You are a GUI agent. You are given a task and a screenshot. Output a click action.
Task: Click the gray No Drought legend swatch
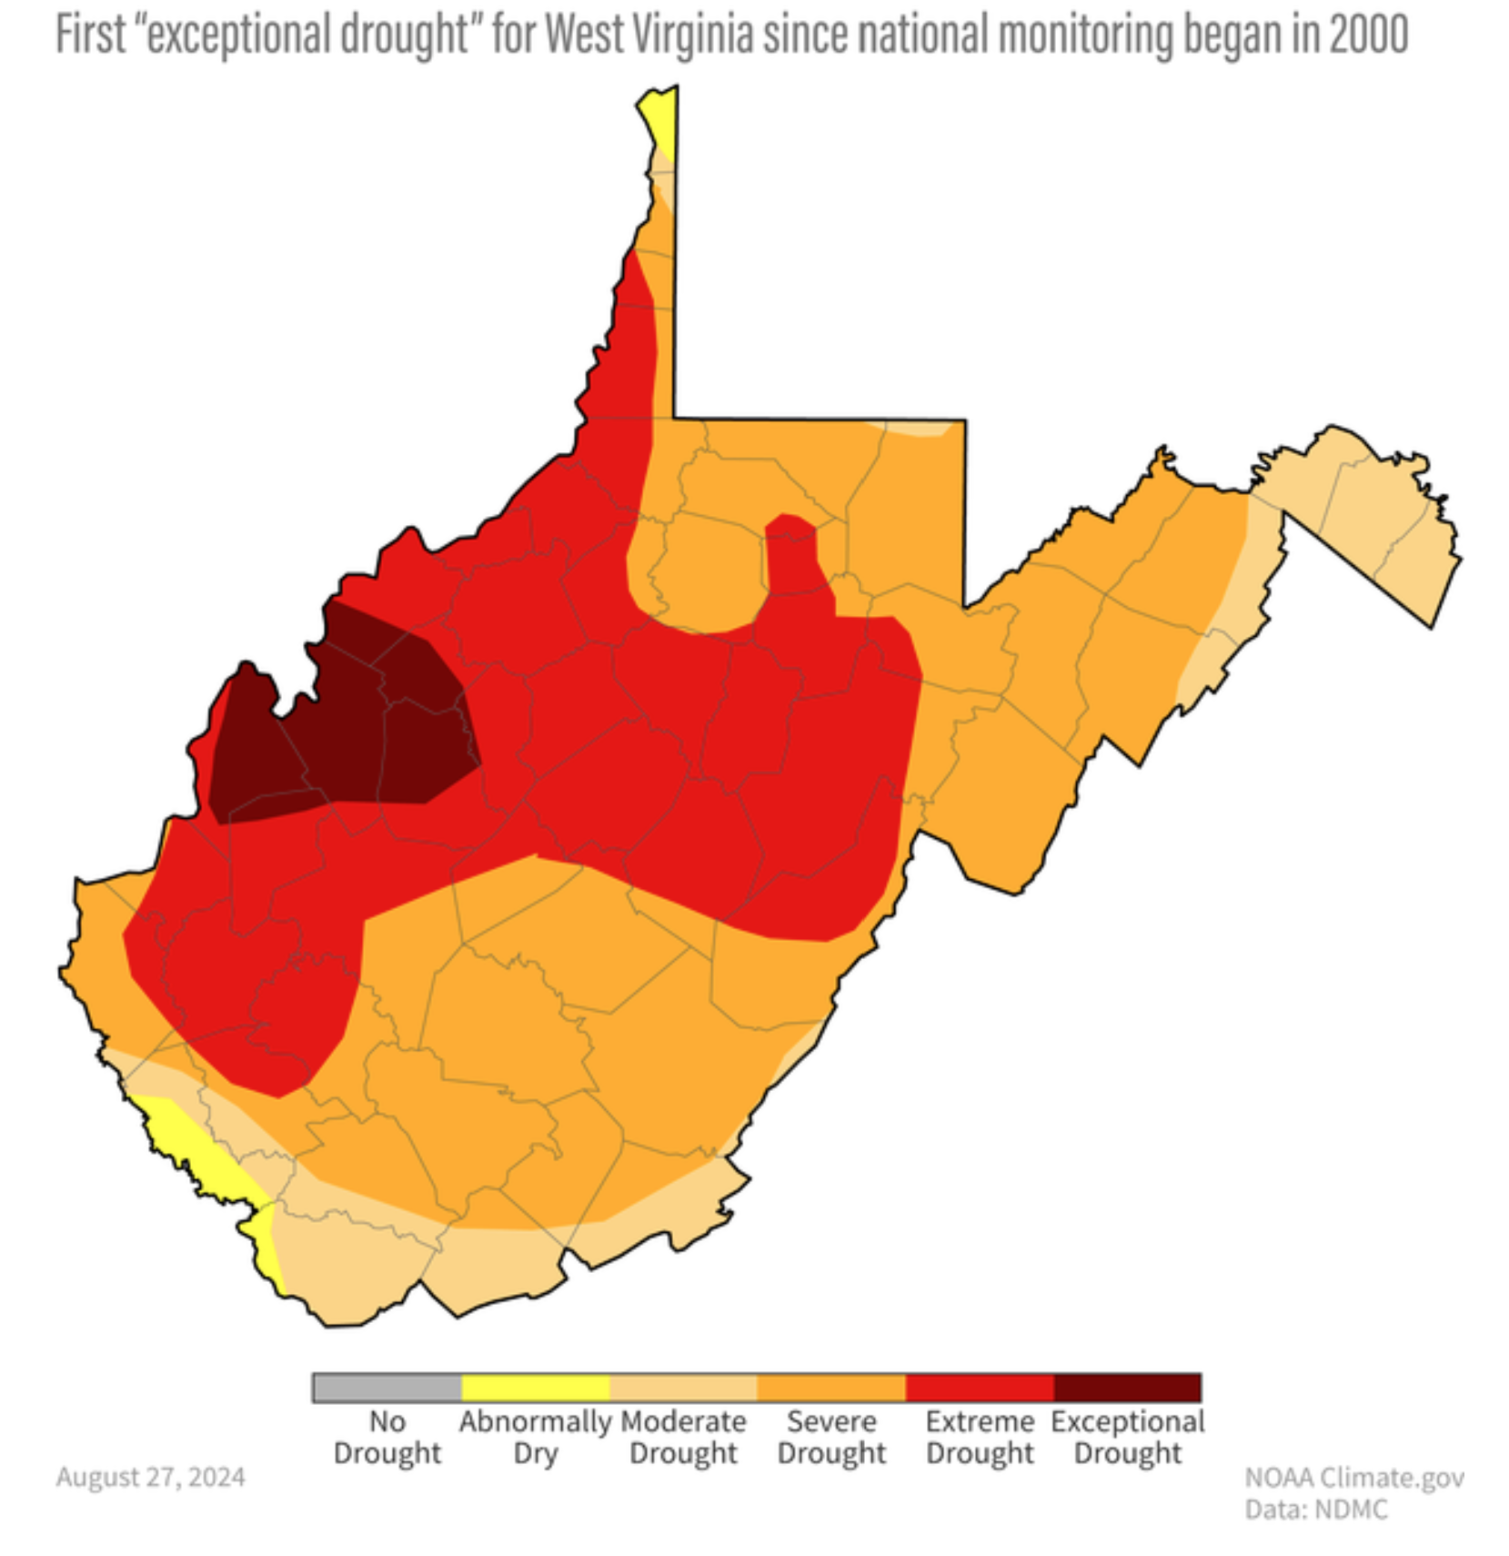387,1387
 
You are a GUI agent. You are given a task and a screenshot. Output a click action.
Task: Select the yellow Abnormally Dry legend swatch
535,1387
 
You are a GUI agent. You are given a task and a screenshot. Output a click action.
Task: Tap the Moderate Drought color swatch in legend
683,1387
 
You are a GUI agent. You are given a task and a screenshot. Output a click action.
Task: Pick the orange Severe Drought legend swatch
831,1387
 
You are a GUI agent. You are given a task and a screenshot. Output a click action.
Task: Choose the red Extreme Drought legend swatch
980,1387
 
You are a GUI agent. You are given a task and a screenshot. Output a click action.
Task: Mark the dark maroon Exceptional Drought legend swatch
1128,1387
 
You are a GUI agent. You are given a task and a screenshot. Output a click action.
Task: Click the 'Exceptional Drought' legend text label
1128,1437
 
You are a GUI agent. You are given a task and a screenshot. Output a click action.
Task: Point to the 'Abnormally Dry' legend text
535,1437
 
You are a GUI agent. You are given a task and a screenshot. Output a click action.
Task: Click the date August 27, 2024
151,1476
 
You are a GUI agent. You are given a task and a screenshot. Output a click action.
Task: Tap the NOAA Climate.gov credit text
1353,1477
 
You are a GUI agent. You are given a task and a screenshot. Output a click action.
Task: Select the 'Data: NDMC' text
1316,1510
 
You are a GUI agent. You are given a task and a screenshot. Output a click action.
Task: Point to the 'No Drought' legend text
387,1437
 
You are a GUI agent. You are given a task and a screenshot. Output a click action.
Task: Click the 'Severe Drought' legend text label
831,1437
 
